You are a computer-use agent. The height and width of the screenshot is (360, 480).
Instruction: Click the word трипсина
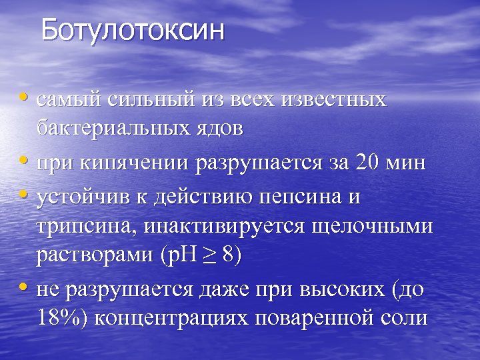pyautogui.click(x=79, y=227)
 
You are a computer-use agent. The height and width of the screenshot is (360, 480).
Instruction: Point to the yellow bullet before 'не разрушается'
pyautogui.click(x=25, y=288)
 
